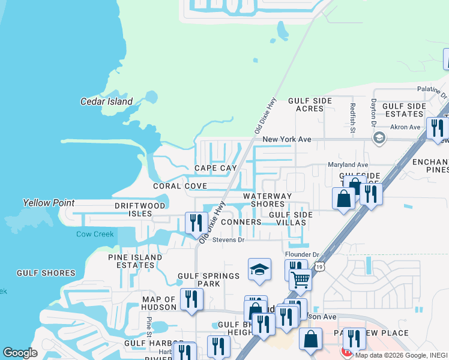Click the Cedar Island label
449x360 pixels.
point(106,101)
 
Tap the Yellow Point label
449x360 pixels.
point(49,203)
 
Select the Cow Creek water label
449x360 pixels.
point(95,234)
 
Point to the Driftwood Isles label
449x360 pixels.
point(140,210)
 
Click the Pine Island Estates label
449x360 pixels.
point(135,261)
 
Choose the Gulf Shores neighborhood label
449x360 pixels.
point(46,273)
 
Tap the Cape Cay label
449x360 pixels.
point(215,168)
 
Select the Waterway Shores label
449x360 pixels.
point(267,200)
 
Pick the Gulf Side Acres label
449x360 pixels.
point(306,104)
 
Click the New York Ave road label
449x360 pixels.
point(287,139)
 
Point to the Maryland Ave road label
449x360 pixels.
point(348,164)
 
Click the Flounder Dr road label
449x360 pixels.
point(302,254)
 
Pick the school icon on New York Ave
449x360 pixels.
point(379,139)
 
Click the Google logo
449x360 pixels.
point(20,353)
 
